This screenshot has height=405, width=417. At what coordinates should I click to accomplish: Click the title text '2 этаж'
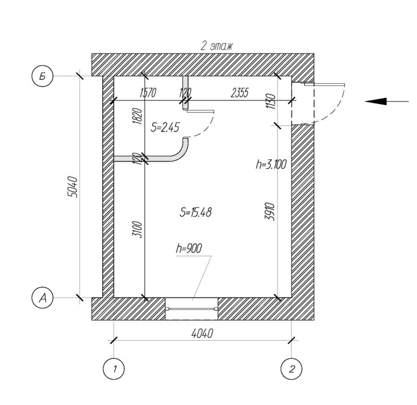216,46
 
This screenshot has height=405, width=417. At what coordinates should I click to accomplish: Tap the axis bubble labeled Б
42,76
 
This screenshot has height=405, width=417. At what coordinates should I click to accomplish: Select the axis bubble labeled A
42,298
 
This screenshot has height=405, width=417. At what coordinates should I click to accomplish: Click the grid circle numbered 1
114,369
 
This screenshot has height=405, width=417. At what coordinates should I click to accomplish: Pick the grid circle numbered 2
292,369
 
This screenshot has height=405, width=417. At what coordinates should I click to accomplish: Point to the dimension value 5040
72,187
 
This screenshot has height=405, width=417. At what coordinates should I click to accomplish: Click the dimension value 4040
202,334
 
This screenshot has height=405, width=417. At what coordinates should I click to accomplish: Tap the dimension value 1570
148,93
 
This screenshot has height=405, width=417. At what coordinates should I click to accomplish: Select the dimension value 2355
240,93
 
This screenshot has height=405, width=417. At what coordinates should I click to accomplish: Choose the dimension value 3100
137,230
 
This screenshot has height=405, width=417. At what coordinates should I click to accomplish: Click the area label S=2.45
165,127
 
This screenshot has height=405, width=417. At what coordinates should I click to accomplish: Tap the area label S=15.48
196,212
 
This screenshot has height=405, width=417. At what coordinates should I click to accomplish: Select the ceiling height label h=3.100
271,164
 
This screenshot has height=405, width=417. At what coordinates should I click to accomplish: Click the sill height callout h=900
189,248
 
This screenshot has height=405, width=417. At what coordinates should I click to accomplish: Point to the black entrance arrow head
375,102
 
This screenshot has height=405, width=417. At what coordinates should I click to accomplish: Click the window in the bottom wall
191,308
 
